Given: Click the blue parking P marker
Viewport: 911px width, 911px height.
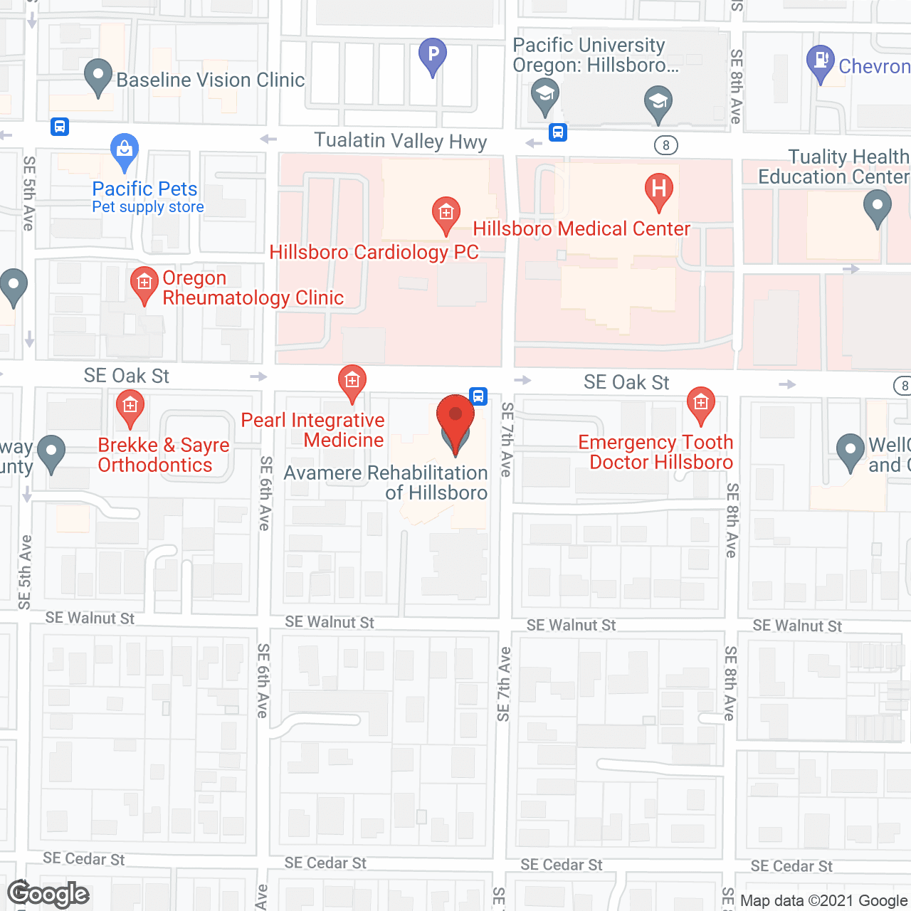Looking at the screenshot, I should click(x=433, y=55).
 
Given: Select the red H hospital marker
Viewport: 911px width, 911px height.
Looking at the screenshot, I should click(x=659, y=189).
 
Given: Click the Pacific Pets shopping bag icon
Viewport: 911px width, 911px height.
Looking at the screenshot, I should click(x=125, y=150).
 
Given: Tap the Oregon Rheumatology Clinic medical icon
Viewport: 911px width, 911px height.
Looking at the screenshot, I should click(x=144, y=284).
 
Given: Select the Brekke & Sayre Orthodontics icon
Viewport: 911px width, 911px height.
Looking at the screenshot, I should click(x=130, y=407).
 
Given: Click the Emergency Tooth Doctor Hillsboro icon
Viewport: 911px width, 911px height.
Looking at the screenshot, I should click(x=701, y=404).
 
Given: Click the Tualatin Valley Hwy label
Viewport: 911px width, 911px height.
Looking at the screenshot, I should click(x=401, y=141).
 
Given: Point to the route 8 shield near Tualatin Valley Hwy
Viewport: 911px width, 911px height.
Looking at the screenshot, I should click(x=666, y=145).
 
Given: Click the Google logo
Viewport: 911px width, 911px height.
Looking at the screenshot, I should click(x=48, y=894).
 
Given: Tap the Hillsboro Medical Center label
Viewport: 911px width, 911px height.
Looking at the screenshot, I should click(x=581, y=228).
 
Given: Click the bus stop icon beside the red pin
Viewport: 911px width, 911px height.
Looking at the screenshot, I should click(x=479, y=396).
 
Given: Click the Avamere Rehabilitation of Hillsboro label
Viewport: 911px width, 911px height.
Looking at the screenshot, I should click(x=386, y=483).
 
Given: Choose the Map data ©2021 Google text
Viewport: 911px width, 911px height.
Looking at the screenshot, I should click(x=823, y=900).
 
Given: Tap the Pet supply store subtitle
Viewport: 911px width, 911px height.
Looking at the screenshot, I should click(x=148, y=207).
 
